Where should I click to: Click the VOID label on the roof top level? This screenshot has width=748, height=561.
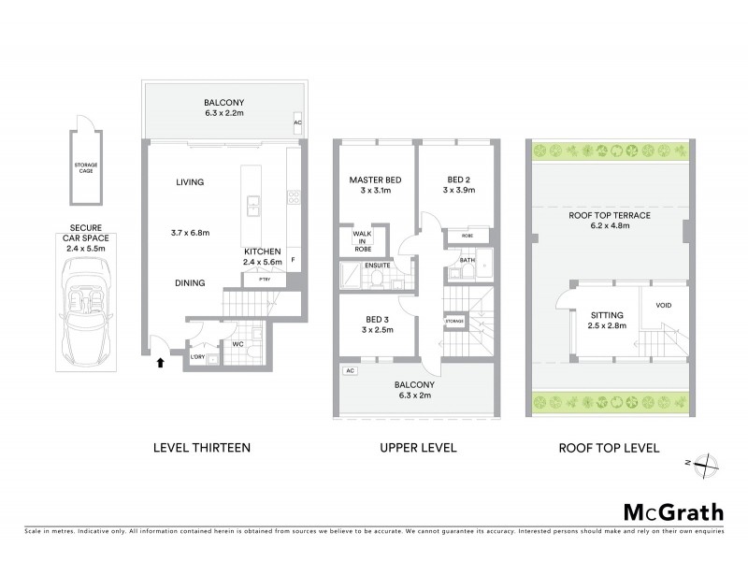(x=664, y=305)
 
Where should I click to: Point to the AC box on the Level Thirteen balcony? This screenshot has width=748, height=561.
(x=298, y=122)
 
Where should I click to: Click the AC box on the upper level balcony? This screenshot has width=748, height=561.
(x=351, y=371)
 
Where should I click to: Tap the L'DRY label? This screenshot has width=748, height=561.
(x=197, y=358)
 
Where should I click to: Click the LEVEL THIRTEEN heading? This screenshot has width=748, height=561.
(x=201, y=448)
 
